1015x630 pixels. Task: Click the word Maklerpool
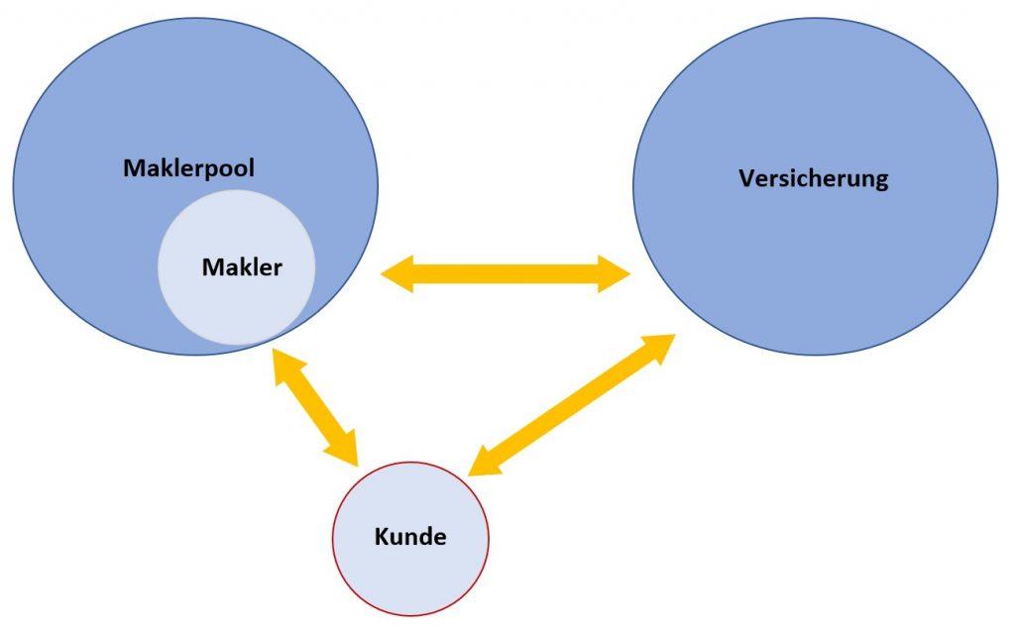188,168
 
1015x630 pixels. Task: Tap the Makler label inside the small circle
242,267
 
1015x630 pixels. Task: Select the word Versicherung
814,179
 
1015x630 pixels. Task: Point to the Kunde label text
410,538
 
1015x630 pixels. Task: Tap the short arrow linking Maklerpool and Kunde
314,407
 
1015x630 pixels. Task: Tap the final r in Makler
279,268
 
